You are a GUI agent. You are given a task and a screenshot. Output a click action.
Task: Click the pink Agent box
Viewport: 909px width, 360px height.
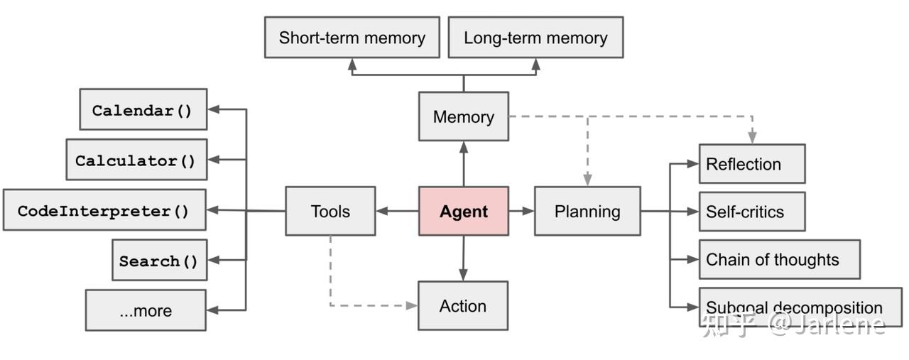[464, 211]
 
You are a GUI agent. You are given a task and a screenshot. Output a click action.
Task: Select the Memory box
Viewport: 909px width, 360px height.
[464, 116]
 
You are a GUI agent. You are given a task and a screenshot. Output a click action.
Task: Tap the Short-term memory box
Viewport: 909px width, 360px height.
[352, 38]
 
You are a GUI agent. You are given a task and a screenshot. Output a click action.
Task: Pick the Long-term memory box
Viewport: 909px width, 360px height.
[535, 38]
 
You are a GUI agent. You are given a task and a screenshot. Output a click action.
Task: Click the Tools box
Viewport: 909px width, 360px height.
[330, 211]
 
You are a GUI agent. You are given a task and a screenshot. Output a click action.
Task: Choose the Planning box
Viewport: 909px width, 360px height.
[587, 211]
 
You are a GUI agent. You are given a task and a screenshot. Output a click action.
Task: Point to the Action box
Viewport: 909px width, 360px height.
[463, 306]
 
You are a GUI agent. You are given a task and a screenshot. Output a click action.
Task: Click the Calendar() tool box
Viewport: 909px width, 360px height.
[143, 110]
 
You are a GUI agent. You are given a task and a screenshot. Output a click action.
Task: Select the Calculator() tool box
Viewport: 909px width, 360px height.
[136, 160]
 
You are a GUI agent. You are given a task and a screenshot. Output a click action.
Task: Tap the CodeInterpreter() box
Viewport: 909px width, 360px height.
[104, 210]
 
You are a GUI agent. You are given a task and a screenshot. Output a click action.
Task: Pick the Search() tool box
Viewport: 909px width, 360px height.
[159, 261]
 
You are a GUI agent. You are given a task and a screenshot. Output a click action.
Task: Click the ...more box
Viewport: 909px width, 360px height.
[146, 310]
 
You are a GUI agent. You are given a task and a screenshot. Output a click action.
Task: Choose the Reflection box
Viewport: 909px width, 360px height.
[752, 164]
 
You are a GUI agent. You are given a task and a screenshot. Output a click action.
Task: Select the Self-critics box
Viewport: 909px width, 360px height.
[752, 212]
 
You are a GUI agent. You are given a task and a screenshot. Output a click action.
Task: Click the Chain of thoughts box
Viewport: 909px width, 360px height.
[779, 259]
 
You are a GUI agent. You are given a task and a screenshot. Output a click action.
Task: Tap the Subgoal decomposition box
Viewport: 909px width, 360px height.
[800, 307]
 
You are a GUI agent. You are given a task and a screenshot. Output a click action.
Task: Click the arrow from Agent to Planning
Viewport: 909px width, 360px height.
[521, 211]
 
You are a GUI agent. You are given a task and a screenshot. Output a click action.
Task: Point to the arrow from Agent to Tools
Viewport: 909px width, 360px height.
[397, 211]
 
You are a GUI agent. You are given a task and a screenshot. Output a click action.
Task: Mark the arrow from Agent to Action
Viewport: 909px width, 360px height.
[464, 258]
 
